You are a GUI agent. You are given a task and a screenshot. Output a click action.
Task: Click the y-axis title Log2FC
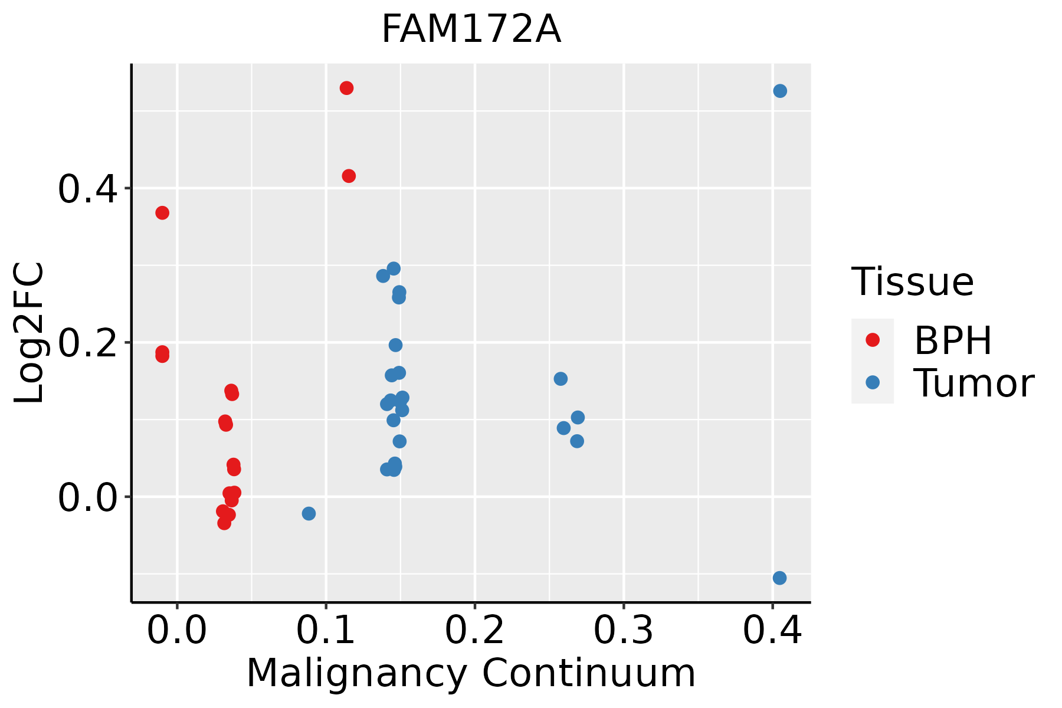click(x=29, y=333)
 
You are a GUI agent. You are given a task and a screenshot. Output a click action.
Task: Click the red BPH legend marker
click(x=872, y=339)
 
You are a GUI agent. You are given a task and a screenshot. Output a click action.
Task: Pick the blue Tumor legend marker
click(x=872, y=382)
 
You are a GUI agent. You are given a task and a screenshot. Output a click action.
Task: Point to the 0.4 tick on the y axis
click(x=127, y=188)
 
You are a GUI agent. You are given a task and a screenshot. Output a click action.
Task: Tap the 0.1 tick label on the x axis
click(x=326, y=630)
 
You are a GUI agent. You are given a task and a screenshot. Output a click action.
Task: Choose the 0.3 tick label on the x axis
click(x=623, y=630)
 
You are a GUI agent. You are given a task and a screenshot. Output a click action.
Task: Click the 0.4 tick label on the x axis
click(x=772, y=630)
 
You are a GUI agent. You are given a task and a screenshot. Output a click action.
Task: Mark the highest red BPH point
click(x=346, y=88)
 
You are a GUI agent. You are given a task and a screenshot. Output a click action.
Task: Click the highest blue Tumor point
click(x=780, y=91)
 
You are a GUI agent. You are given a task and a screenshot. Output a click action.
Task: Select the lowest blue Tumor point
click(x=779, y=578)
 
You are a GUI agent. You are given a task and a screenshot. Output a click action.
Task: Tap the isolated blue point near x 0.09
click(x=309, y=513)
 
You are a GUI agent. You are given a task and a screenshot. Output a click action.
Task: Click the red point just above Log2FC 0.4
click(x=349, y=176)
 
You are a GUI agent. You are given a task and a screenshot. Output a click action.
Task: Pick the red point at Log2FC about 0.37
click(x=162, y=212)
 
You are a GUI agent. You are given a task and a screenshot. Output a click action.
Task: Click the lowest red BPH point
click(x=224, y=523)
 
